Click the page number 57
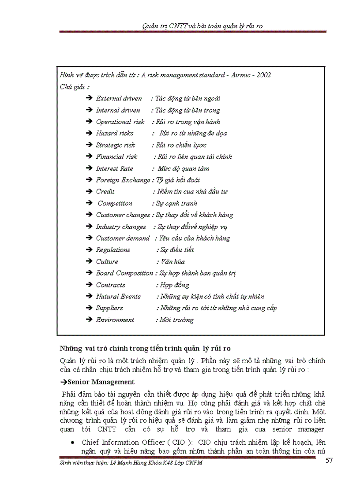[x=329, y=461]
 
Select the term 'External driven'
[x=119, y=98]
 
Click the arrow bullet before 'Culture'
[x=89, y=261]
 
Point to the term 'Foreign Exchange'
[x=123, y=180]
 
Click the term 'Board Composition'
[x=124, y=273]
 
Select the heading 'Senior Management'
[x=101, y=382]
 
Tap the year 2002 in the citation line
[x=263, y=75]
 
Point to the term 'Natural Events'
[x=118, y=296]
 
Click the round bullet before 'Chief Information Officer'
[x=72, y=442]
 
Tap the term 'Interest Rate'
[x=114, y=168]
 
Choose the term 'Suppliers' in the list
[x=109, y=308]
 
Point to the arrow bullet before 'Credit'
[x=89, y=192]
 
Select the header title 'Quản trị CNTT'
[x=164, y=26]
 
